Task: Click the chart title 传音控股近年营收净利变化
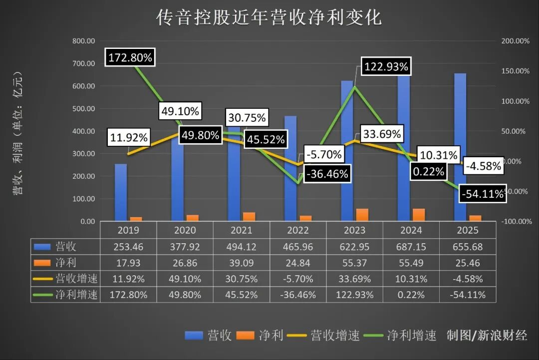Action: click(269, 17)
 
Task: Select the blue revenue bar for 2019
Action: click(121, 192)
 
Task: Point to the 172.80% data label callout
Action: click(130, 57)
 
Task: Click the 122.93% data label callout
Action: click(386, 66)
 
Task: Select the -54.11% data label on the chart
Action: click(482, 194)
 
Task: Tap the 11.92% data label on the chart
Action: click(128, 138)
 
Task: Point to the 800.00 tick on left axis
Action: click(84, 41)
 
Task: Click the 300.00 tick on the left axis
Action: click(84, 154)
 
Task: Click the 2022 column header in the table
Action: click(298, 230)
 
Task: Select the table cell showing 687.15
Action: click(411, 247)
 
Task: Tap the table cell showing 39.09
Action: click(241, 263)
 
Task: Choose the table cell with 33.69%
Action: click(354, 279)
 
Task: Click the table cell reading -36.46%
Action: click(298, 295)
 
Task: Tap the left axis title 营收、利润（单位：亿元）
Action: click(18, 132)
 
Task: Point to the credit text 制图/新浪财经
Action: click(487, 335)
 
